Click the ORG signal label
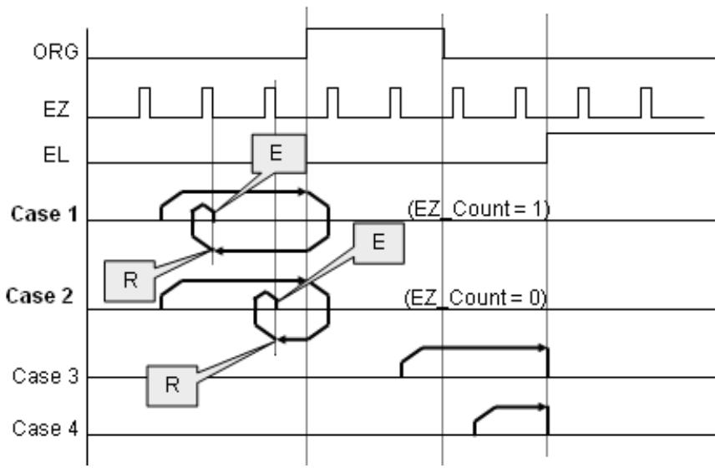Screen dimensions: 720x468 [x=56, y=52]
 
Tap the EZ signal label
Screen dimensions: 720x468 [x=56, y=109]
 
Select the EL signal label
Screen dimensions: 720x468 [x=56, y=155]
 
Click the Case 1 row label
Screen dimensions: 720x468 [x=44, y=214]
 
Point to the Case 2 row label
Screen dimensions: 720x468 [x=39, y=296]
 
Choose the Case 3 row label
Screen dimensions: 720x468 [x=45, y=376]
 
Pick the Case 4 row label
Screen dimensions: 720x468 [x=45, y=429]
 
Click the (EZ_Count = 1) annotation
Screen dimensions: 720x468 [x=479, y=210]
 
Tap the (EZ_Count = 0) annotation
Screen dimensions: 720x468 [x=476, y=298]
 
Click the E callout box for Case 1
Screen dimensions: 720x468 [x=279, y=154]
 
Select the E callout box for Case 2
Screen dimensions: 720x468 [x=379, y=243]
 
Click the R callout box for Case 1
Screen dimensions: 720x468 [x=130, y=280]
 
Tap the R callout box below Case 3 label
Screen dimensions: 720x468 [x=172, y=385]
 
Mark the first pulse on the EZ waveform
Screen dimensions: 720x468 [x=145, y=103]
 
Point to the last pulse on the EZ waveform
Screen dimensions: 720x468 [x=646, y=103]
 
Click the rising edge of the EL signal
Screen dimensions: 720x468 [x=547, y=148]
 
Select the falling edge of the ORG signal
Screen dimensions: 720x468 [x=444, y=43]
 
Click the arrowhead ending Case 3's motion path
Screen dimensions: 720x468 [x=544, y=348]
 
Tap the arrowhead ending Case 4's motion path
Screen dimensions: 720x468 [x=544, y=407]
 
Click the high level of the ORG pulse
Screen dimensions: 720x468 [x=375, y=29]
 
